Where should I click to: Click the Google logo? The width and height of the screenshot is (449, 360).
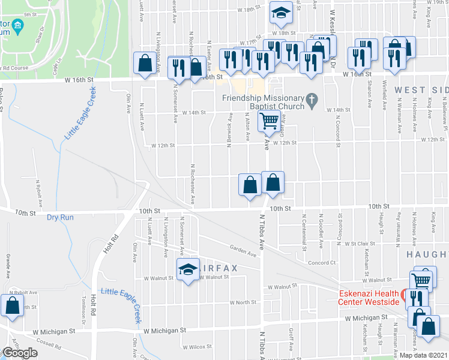(20, 353)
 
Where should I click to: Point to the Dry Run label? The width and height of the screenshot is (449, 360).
(60, 217)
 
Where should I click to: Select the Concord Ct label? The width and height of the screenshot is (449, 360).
(321, 262)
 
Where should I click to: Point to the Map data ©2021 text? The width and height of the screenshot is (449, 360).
(423, 355)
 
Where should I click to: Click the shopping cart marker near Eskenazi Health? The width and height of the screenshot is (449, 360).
(421, 280)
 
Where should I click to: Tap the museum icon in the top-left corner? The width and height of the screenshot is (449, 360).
(17, 26)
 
